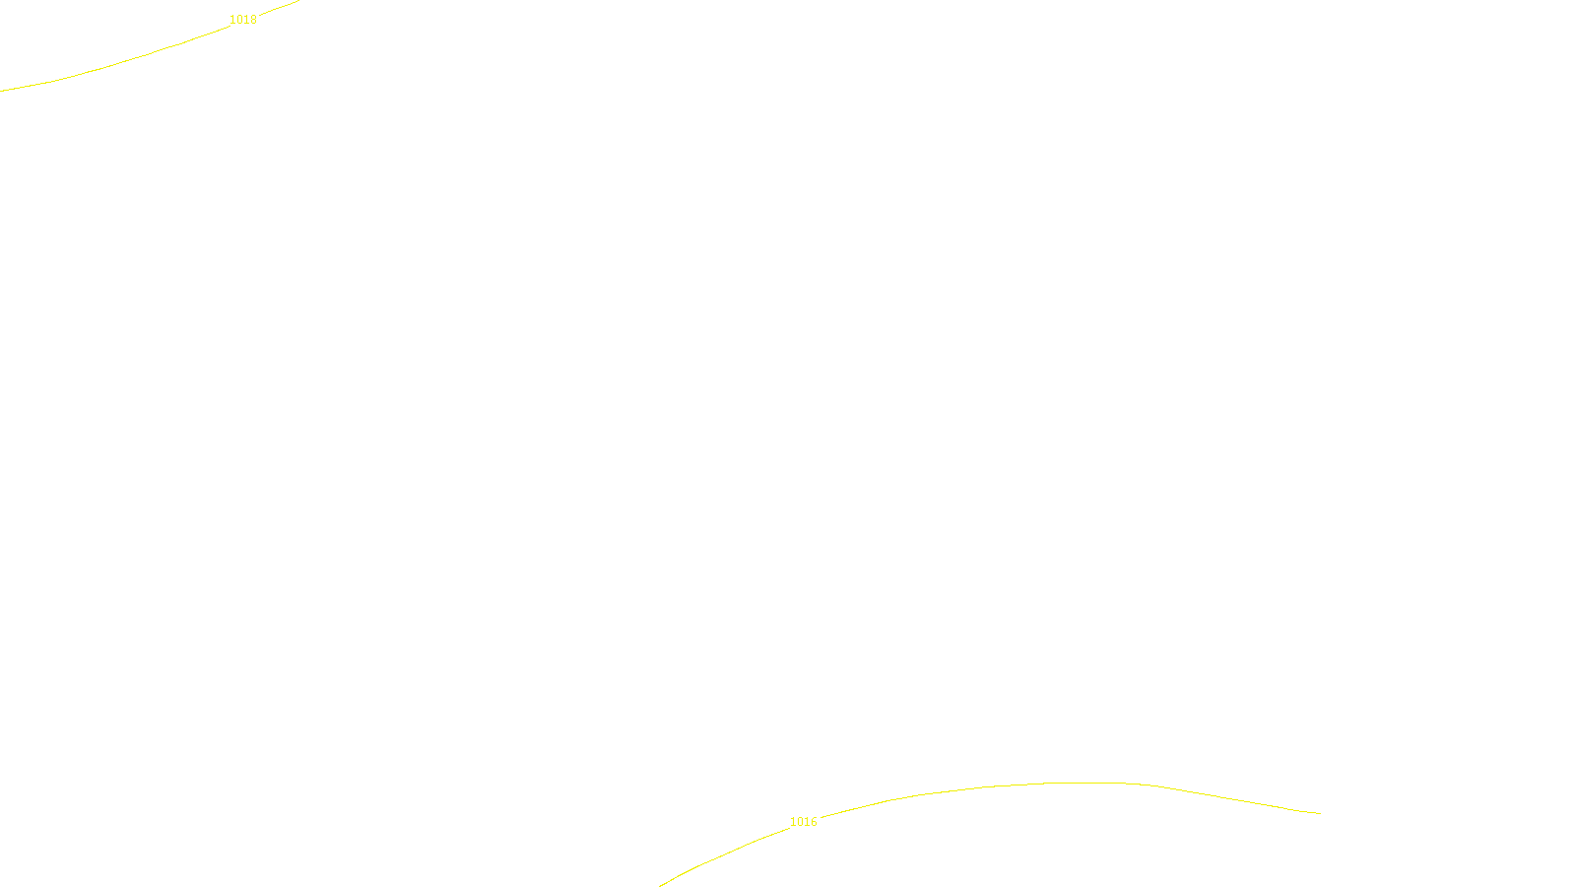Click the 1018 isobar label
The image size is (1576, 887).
pyautogui.click(x=242, y=20)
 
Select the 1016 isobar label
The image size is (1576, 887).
pyautogui.click(x=803, y=822)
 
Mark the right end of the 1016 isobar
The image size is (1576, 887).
pyautogui.click(x=1319, y=813)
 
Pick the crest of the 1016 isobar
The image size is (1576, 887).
pyautogui.click(x=1083, y=783)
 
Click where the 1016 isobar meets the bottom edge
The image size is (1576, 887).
pyautogui.click(x=661, y=885)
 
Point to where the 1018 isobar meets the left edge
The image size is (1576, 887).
pyautogui.click(x=2, y=91)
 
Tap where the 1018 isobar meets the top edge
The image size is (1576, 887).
pyautogui.click(x=296, y=1)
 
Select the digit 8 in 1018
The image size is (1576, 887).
pyautogui.click(x=253, y=20)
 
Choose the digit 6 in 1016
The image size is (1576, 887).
pyautogui.click(x=814, y=822)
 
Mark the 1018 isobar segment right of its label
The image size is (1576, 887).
pyautogui.click(x=278, y=8)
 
